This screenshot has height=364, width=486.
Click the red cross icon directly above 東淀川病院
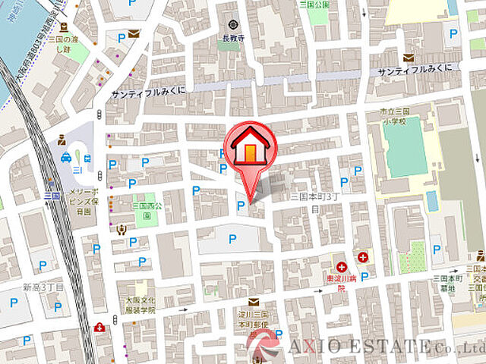coord(343,267)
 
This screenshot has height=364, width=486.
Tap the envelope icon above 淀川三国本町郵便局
coord(253,302)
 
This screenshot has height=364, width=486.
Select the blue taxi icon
coord(66,158)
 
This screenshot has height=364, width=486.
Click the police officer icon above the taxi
coord(62,140)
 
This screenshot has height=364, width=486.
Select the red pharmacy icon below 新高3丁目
coord(99,328)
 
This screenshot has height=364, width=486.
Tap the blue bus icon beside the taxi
coord(88,159)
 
